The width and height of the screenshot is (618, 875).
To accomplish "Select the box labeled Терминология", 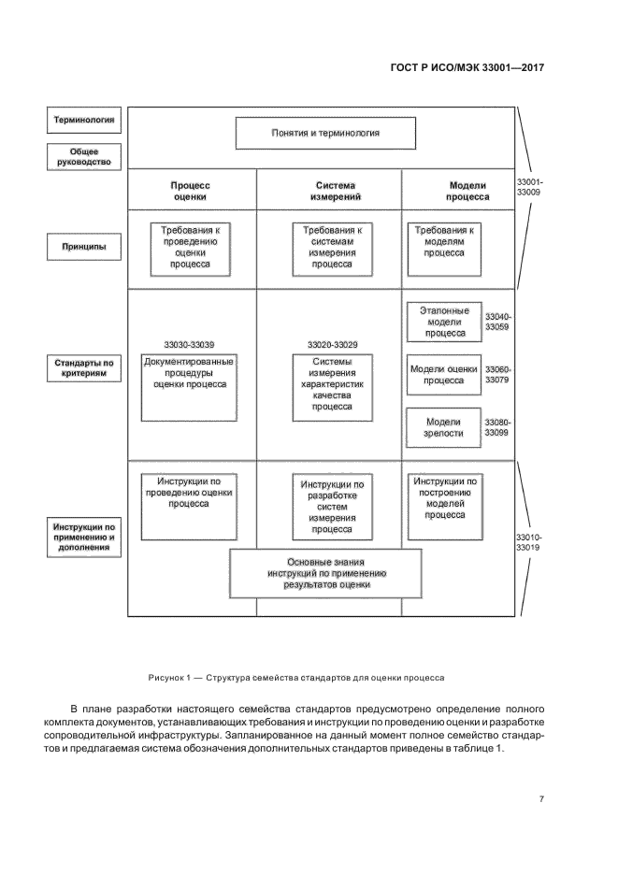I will coord(84,120).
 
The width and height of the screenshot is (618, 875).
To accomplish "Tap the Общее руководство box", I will coord(84,157).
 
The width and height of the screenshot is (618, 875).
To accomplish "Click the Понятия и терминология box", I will coord(325,133).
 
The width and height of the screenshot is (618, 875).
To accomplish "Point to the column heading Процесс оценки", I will coord(190,192).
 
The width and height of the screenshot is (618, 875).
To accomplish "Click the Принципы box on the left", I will coord(84,248).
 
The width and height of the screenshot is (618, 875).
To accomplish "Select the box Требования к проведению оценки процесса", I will coord(190,248).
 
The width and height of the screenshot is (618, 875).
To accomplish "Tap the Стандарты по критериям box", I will coord(84,367).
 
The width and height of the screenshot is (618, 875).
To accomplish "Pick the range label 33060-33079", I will coord(498,375).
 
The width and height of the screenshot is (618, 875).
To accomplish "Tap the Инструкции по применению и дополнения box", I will coord(84,538).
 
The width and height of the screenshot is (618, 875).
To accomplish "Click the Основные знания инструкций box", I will coord(325,572).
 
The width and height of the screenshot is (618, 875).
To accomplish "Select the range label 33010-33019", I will coord(528,543).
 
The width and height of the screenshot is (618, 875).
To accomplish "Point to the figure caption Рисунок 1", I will coord(295,677).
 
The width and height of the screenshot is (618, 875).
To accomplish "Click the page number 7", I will coord(541,798).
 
